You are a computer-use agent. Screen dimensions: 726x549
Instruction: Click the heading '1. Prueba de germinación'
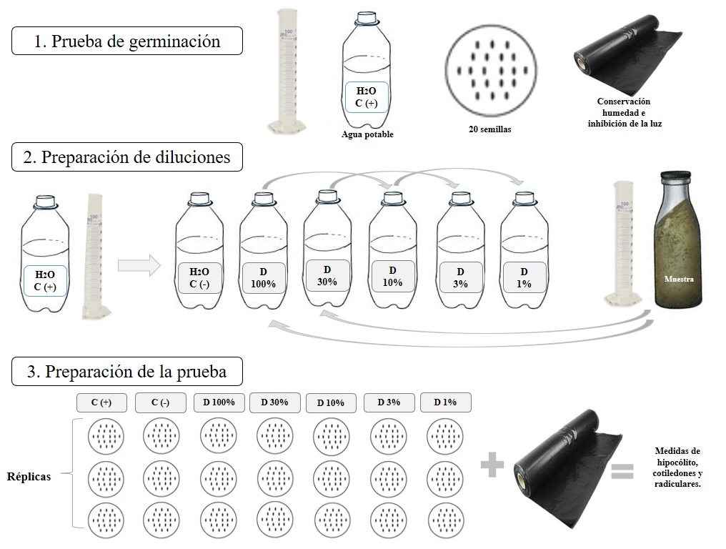pos(127,41)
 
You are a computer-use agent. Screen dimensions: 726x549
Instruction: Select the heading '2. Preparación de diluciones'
pos(127,157)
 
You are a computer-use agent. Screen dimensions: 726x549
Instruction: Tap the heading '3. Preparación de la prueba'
pos(127,372)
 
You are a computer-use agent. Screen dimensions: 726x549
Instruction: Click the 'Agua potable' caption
pos(367,134)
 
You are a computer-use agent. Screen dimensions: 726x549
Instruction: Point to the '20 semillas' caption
pos(490,129)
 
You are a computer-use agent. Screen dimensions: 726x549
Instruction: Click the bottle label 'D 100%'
pos(264,278)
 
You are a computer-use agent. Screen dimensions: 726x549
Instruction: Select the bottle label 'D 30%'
pos(327,276)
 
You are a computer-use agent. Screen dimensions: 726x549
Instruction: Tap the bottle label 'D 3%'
pos(461,277)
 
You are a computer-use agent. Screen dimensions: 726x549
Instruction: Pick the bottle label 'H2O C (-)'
pos(199,278)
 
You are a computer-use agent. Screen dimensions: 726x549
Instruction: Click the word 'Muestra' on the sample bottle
pos(679,279)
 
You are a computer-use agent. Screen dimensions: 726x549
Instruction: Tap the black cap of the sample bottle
pos(676,176)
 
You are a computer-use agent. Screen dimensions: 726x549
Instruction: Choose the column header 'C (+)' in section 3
pos(101,402)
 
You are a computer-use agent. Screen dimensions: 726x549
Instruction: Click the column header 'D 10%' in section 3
pos(331,403)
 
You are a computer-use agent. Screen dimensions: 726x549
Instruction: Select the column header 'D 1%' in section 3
pos(445,402)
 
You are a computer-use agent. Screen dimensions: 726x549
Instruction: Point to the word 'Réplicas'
pos(29,477)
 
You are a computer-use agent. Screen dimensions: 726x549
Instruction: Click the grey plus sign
pos(492,465)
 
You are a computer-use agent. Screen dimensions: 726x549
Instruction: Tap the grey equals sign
pos(622,471)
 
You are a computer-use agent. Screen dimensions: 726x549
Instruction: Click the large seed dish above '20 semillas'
pos(491,71)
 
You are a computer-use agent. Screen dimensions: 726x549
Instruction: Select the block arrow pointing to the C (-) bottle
pos(139,266)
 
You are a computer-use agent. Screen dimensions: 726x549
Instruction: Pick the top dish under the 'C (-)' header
pos(161,436)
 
